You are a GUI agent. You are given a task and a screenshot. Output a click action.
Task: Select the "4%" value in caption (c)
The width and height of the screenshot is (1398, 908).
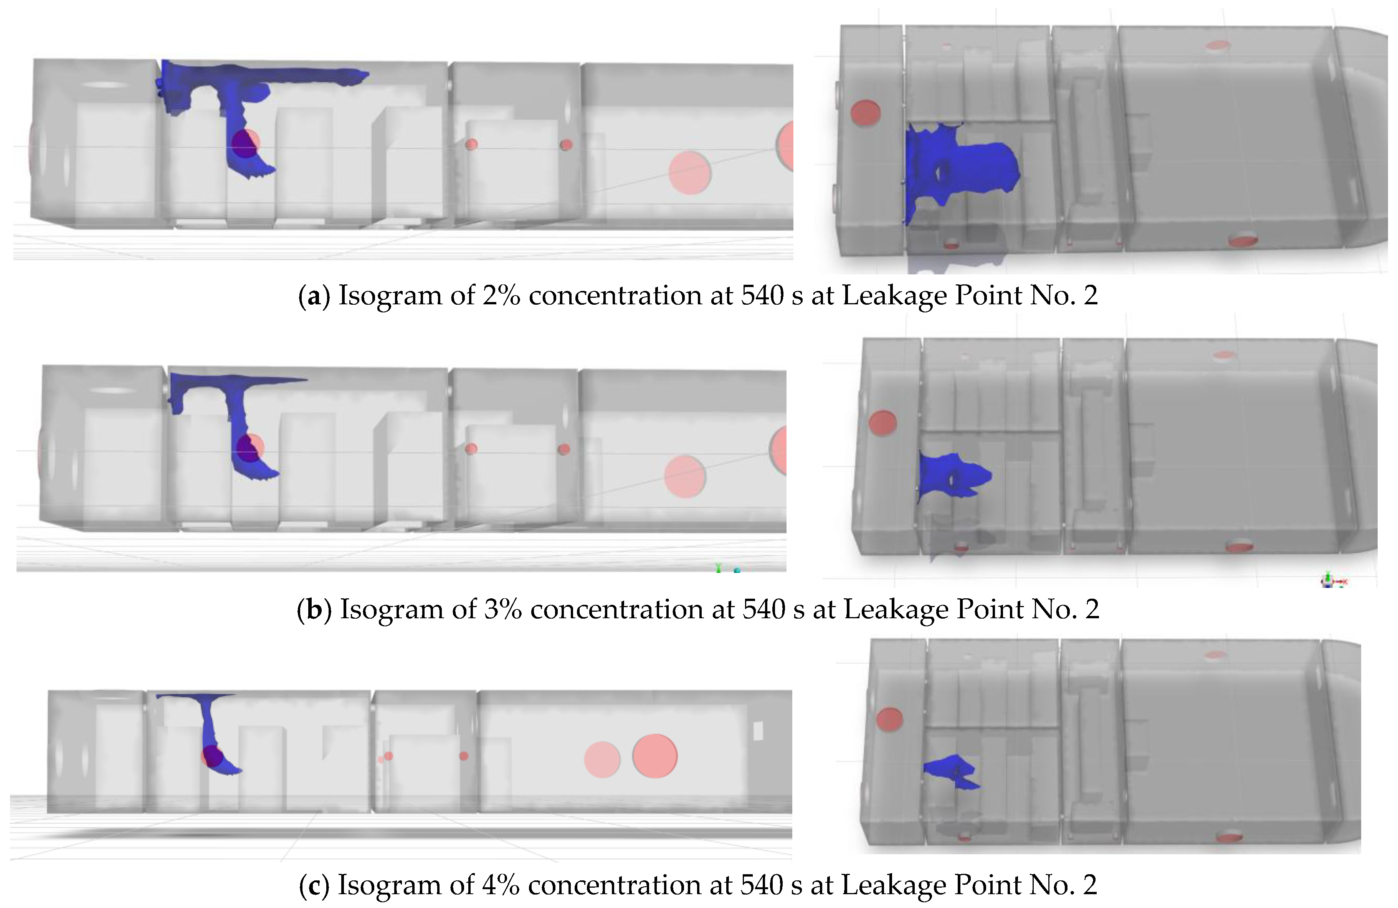501,885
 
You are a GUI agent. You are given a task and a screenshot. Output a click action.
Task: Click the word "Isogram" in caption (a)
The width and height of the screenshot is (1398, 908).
390,296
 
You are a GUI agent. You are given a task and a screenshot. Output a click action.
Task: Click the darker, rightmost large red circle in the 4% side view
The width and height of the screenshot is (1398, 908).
655,756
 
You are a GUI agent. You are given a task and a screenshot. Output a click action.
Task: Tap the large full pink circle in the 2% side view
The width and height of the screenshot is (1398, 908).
690,173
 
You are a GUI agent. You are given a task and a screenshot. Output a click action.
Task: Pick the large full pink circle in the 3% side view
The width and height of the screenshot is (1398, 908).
685,477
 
